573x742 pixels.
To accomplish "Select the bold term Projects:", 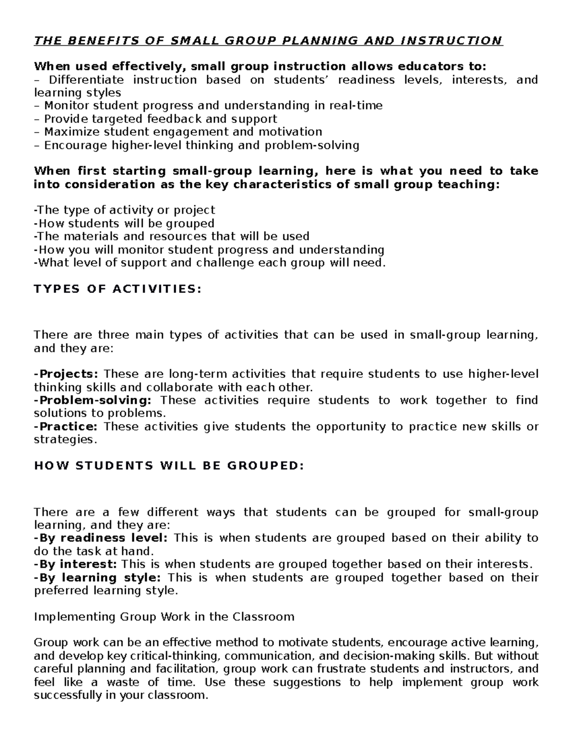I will tap(67, 374).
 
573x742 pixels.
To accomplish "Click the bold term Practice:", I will tap(67, 426).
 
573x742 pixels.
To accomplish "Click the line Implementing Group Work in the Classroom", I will tap(164, 617).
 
